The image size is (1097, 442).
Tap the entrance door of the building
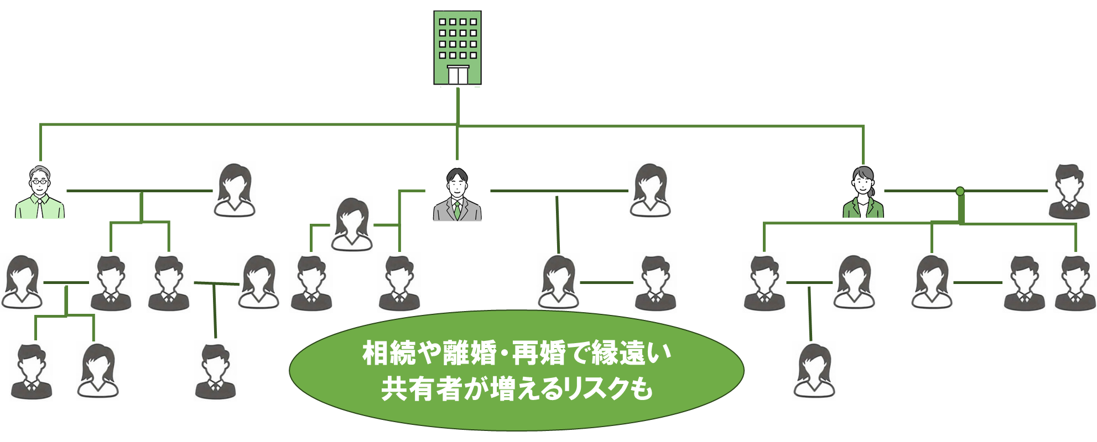(x=457, y=75)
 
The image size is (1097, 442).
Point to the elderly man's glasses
(x=39, y=181)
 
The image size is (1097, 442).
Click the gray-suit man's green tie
(x=457, y=209)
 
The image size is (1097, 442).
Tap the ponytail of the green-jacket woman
(x=872, y=192)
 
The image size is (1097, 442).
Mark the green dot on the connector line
(x=960, y=191)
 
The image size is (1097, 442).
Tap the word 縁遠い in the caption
(x=631, y=353)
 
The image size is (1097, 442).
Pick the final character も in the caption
(x=642, y=389)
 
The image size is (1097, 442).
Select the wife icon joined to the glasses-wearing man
(x=235, y=190)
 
